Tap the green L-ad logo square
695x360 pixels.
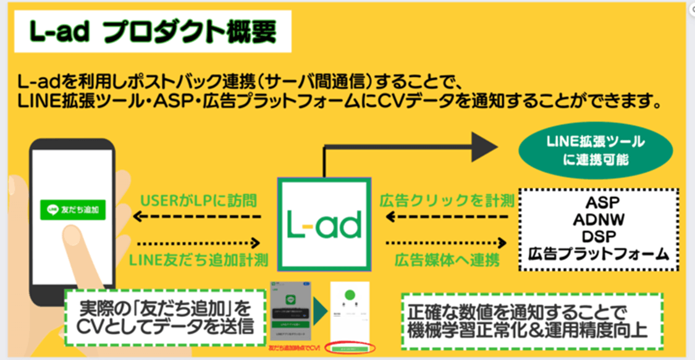click(324, 224)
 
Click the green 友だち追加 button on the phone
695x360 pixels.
click(73, 211)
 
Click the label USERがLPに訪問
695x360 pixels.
click(199, 201)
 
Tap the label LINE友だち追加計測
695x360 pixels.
click(199, 260)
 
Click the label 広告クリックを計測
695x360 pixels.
click(447, 201)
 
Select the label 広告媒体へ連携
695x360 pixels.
click(447, 260)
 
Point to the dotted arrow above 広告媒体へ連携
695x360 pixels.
click(447, 243)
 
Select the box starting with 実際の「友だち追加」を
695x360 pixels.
click(167, 317)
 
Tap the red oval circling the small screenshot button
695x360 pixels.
click(350, 350)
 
